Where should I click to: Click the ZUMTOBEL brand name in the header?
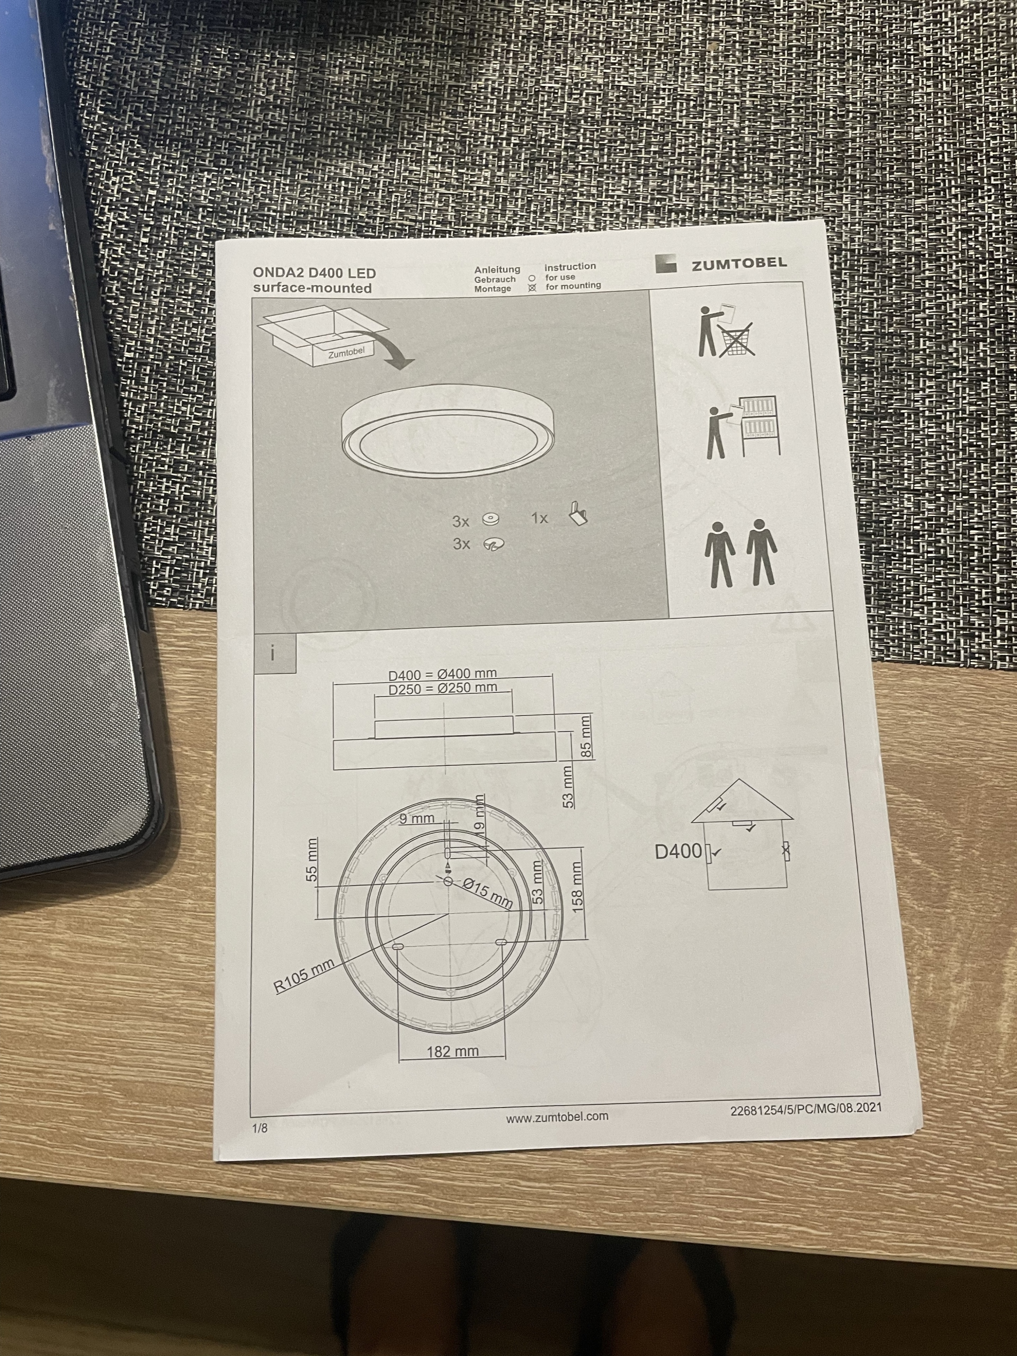(x=739, y=264)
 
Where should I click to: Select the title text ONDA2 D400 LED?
(x=315, y=273)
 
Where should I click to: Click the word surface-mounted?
(x=313, y=288)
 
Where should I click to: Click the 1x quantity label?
(x=539, y=519)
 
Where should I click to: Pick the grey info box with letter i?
(x=274, y=654)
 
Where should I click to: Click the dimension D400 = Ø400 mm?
(x=438, y=675)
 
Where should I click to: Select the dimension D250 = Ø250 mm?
(x=443, y=689)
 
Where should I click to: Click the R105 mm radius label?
(x=304, y=977)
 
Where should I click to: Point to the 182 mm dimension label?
(x=452, y=1052)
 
